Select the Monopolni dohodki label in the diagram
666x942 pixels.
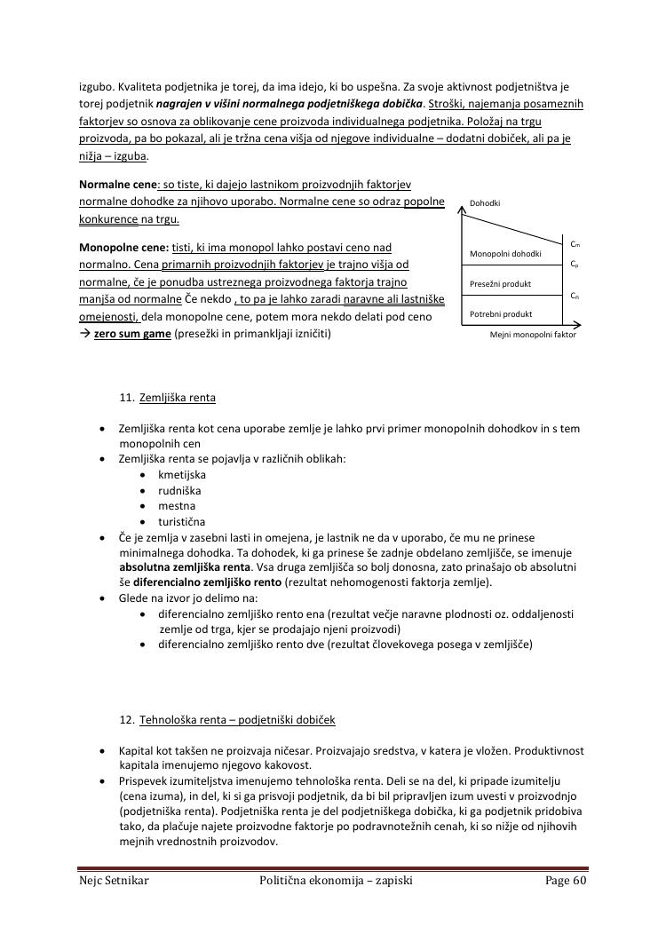[x=505, y=254]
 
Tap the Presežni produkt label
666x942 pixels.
[x=501, y=284]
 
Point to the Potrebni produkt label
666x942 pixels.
[x=501, y=314]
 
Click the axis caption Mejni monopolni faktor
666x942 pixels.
[x=533, y=336]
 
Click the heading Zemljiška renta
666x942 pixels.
[x=177, y=398]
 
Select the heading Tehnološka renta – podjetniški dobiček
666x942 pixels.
[x=237, y=719]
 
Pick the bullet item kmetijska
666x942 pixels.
[x=182, y=475]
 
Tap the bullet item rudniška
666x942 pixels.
[x=179, y=490]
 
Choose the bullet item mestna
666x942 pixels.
[x=176, y=506]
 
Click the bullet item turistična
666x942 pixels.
[x=182, y=522]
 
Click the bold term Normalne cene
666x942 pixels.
[x=117, y=185]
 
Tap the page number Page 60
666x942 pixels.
[x=566, y=881]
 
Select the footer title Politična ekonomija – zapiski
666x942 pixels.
[x=336, y=881]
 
